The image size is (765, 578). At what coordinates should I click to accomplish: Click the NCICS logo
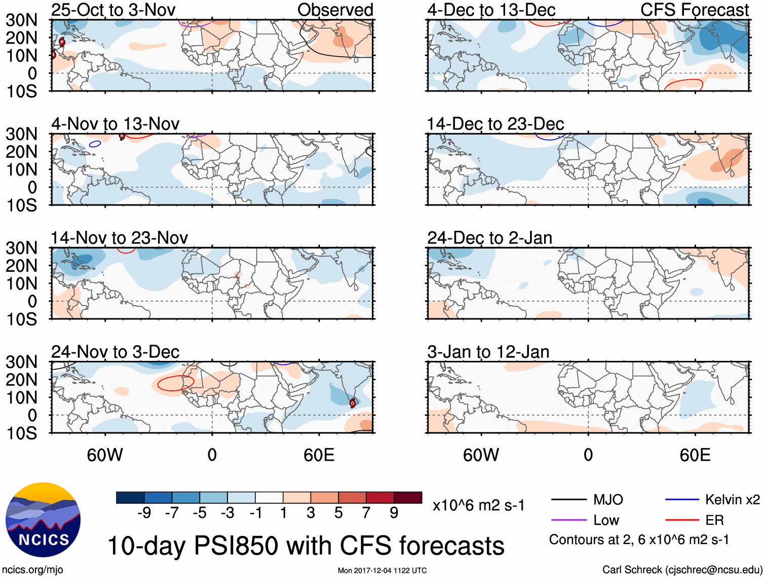pyautogui.click(x=43, y=520)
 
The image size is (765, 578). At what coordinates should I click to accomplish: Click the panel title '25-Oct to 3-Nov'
pyautogui.click(x=113, y=10)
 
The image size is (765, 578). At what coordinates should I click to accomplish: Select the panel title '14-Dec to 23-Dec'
pyautogui.click(x=495, y=124)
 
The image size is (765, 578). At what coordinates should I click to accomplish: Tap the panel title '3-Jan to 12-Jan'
pyautogui.click(x=488, y=352)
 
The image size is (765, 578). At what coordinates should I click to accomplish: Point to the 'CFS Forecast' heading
pyautogui.click(x=694, y=10)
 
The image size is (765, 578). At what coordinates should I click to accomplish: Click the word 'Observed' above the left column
pyautogui.click(x=335, y=10)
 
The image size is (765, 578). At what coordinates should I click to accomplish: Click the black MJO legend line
pyautogui.click(x=568, y=500)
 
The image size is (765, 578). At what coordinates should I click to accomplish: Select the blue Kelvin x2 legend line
pyautogui.click(x=682, y=500)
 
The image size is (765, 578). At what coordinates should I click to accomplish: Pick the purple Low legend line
pyautogui.click(x=568, y=520)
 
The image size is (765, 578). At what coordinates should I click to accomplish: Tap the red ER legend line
pyautogui.click(x=682, y=520)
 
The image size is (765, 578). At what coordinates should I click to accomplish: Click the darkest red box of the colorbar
pyautogui.click(x=408, y=498)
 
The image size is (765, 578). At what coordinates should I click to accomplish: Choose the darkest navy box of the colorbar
pyautogui.click(x=130, y=498)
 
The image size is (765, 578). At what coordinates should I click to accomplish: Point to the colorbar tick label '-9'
pyautogui.click(x=144, y=513)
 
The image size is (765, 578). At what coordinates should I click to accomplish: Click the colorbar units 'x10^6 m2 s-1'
pyautogui.click(x=478, y=505)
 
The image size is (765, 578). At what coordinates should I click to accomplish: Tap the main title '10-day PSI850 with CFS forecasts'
pyautogui.click(x=305, y=546)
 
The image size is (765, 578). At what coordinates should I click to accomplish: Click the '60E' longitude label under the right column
pyautogui.click(x=695, y=455)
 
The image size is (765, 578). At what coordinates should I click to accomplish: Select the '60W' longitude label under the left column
pyautogui.click(x=105, y=455)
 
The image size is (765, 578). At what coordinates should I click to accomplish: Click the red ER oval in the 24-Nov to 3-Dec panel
pyautogui.click(x=175, y=383)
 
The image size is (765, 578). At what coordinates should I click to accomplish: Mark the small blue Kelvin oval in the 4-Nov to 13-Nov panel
pyautogui.click(x=95, y=144)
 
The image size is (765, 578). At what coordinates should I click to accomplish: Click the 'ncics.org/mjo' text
pyautogui.click(x=32, y=570)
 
